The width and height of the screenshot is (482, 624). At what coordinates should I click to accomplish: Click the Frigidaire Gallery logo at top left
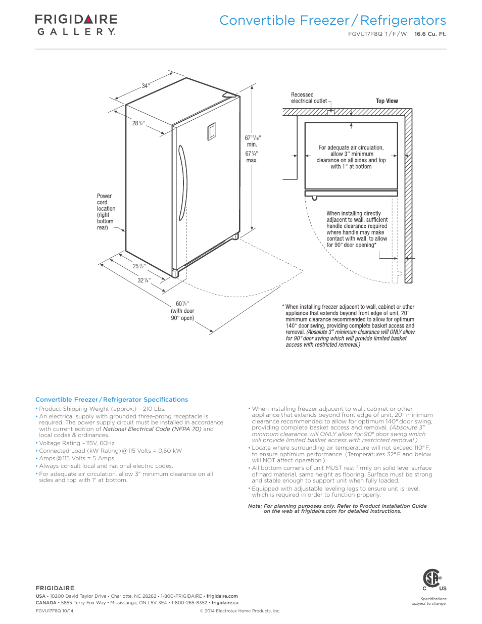point(76,25)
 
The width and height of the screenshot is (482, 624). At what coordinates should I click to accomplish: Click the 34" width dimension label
point(146,86)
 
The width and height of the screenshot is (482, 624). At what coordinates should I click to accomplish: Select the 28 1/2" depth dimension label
point(138,123)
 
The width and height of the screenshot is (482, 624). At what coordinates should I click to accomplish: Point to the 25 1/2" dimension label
point(139,266)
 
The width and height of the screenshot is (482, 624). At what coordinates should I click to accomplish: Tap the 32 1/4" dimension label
point(144,280)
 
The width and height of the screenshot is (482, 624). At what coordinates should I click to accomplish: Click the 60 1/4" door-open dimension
point(182,304)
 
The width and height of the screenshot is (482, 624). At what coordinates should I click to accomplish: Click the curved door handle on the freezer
point(183,183)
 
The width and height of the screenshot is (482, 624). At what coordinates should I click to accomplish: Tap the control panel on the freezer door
point(212,131)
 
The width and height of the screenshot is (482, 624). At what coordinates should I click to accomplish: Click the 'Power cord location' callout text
point(106,212)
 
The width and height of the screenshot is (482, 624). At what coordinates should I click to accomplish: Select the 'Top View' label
point(387,101)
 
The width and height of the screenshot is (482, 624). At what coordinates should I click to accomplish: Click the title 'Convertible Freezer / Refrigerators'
point(332,21)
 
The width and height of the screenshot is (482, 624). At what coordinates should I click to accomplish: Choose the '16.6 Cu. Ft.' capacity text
point(430,34)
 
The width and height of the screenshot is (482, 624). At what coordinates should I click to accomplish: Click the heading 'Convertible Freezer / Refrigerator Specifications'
point(112,400)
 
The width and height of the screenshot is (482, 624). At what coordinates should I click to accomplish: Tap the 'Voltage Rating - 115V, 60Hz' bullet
point(77,443)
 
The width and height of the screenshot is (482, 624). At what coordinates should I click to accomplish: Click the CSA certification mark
point(432,579)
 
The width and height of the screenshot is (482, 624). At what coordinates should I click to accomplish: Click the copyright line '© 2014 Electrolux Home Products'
point(240,611)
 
